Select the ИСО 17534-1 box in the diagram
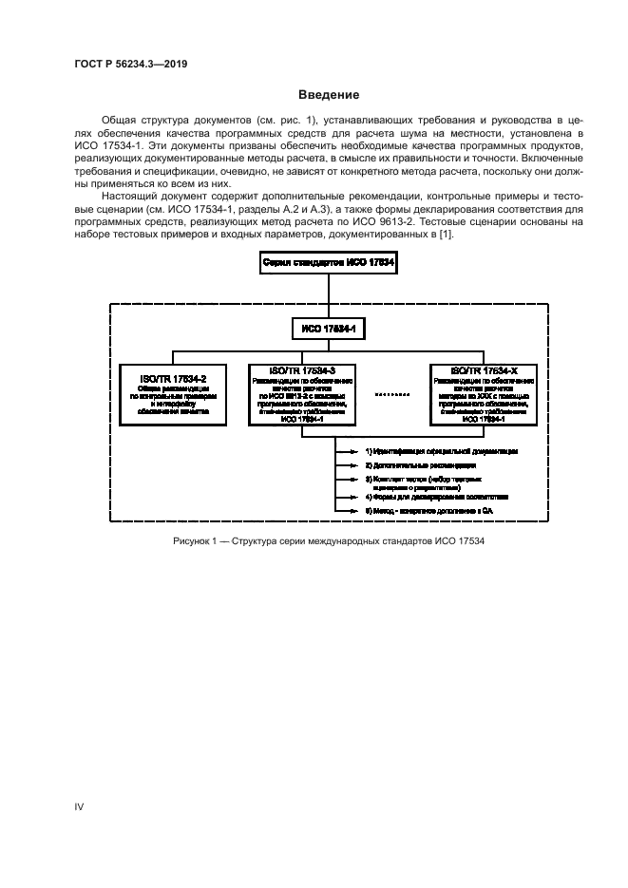tap(328, 329)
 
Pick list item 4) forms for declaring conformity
tap(437, 497)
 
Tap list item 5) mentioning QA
tap(431, 512)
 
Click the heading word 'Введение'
tap(328, 95)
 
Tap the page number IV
tap(80, 806)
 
